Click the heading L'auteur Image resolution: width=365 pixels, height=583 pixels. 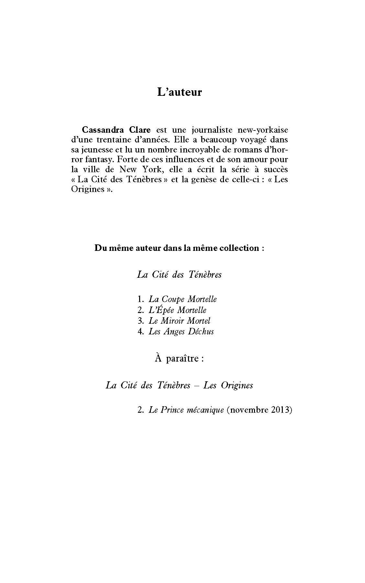point(179,92)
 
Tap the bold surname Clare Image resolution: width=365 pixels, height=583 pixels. point(138,130)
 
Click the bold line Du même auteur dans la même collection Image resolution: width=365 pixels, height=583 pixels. point(179,248)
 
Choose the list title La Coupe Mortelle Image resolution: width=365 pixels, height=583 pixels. point(182,299)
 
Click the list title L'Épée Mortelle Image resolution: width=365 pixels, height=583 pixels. point(177,310)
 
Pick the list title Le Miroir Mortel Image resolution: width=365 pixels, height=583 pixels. point(179,321)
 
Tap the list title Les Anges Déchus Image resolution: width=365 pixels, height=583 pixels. point(181,331)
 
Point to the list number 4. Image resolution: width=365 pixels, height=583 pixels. point(140,331)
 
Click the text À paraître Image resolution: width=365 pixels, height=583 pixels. point(179,359)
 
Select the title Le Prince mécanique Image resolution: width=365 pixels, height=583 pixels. point(186,410)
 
